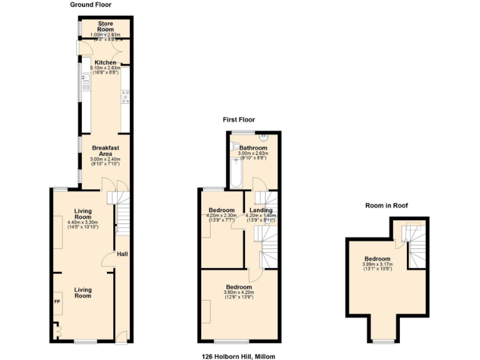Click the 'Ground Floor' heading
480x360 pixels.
91,4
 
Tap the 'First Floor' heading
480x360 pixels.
239,119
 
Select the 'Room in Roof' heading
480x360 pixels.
386,205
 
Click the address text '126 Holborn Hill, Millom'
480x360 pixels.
238,356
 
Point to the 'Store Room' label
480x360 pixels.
104,27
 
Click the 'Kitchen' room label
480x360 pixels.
104,62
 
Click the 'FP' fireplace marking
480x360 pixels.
57,302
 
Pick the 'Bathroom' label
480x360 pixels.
252,148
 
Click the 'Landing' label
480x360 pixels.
261,211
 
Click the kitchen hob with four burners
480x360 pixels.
125,96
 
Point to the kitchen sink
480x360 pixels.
84,80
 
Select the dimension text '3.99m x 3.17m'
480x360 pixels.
377,264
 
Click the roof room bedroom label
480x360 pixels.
377,259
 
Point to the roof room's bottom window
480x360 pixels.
384,342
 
